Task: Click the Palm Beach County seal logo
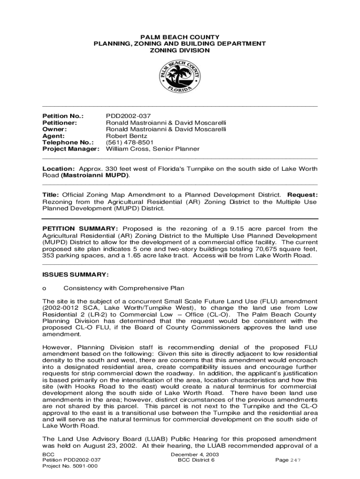click(x=180, y=77)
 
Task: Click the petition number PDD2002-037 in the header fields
click(x=129, y=116)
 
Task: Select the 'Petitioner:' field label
click(x=59, y=122)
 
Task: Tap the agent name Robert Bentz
click(x=126, y=136)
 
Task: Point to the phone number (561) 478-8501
click(x=130, y=142)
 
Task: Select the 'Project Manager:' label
click(x=71, y=149)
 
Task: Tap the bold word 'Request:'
click(x=302, y=195)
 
